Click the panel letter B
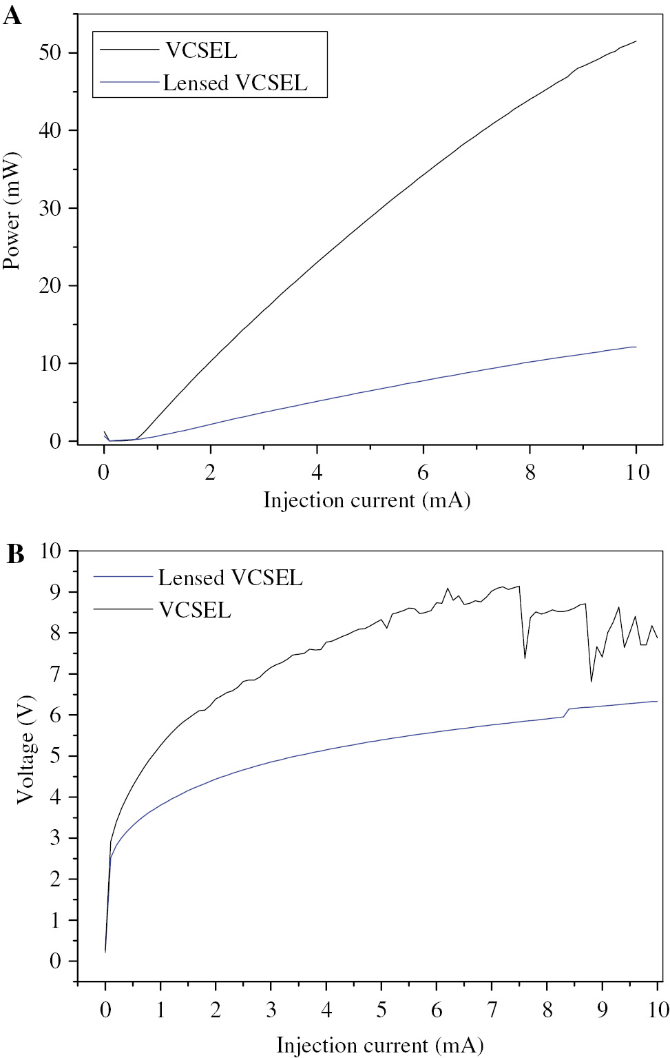(x=15, y=554)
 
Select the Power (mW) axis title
(x=12, y=212)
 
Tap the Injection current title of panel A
(x=366, y=500)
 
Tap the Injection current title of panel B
(x=379, y=1045)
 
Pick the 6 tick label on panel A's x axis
(x=423, y=473)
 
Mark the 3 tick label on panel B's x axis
(x=271, y=1010)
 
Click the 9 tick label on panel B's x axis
(x=603, y=1010)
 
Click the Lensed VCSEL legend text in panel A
(x=235, y=83)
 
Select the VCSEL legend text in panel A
(x=200, y=50)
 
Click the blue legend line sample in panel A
(x=129, y=82)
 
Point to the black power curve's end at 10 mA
(x=636, y=41)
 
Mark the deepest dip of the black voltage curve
(x=591, y=681)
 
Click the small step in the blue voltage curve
(x=567, y=711)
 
